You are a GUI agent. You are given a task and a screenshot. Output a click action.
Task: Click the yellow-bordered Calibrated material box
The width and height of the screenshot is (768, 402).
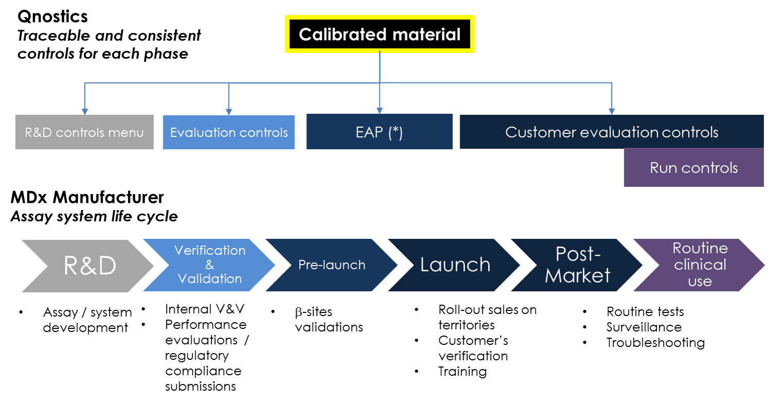click(379, 34)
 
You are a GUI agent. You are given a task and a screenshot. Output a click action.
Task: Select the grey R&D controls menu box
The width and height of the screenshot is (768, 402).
click(84, 132)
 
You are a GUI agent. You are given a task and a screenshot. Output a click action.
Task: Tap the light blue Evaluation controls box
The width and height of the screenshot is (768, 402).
click(229, 132)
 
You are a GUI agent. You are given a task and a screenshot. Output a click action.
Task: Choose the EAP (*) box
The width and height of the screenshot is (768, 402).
click(379, 132)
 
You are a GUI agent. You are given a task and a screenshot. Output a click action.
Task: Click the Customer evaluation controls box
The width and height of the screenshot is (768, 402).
click(611, 132)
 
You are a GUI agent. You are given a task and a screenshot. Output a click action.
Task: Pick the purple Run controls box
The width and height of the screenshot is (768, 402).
click(693, 168)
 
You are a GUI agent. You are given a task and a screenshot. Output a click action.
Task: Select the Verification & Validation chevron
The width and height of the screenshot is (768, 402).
click(209, 265)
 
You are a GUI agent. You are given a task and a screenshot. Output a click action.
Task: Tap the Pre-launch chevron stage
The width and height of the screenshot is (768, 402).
click(332, 265)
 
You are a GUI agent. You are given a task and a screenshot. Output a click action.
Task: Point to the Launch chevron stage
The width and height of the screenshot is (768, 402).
click(455, 265)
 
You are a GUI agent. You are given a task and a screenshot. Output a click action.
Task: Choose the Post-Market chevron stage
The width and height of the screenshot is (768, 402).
click(577, 265)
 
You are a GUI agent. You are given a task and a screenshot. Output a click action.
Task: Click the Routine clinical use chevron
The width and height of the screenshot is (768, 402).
click(700, 265)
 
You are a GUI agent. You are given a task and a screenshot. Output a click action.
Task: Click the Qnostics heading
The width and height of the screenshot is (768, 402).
click(52, 16)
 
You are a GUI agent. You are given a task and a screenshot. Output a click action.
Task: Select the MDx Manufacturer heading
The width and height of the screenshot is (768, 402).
click(87, 197)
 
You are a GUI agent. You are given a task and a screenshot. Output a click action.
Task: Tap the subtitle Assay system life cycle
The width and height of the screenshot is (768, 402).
click(94, 216)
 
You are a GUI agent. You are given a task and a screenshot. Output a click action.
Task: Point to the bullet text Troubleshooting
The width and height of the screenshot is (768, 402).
click(655, 342)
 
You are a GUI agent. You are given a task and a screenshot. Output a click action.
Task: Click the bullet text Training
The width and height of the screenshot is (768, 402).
click(462, 371)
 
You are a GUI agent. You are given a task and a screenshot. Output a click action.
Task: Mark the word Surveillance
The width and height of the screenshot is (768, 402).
click(644, 327)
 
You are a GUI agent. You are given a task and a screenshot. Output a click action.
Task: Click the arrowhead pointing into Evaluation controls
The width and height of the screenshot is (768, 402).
click(229, 111)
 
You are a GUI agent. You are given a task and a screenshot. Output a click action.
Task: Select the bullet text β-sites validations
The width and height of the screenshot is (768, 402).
click(328, 319)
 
